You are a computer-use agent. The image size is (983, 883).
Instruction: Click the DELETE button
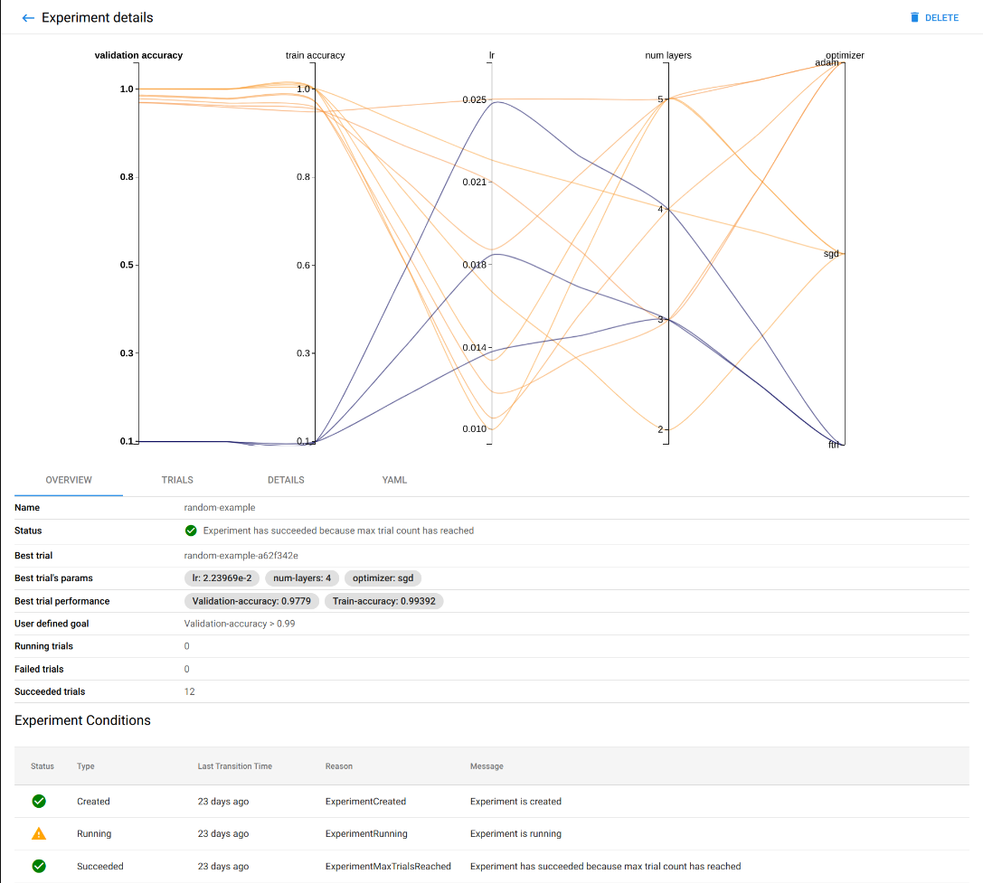934,18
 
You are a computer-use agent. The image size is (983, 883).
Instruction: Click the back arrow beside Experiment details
28,18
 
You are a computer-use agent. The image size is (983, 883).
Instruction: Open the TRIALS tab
177,480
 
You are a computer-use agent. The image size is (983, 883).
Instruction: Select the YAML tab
394,480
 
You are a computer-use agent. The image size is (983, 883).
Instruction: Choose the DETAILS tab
286,480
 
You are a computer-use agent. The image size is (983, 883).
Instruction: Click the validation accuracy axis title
138,55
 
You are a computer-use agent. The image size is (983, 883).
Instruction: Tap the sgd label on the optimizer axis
831,254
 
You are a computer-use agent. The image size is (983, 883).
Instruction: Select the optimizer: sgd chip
383,578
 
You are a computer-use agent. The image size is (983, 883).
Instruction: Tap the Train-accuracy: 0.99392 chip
383,601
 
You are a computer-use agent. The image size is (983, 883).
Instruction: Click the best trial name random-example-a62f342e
241,555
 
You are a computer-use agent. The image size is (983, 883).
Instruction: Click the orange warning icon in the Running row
39,834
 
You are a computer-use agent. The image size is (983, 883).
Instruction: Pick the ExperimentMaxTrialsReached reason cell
388,866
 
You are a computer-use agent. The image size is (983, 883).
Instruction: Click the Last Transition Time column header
234,766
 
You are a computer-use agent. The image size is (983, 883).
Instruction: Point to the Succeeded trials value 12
189,691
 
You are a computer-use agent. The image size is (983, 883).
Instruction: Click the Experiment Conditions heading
82,720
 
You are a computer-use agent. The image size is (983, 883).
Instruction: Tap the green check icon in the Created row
39,802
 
